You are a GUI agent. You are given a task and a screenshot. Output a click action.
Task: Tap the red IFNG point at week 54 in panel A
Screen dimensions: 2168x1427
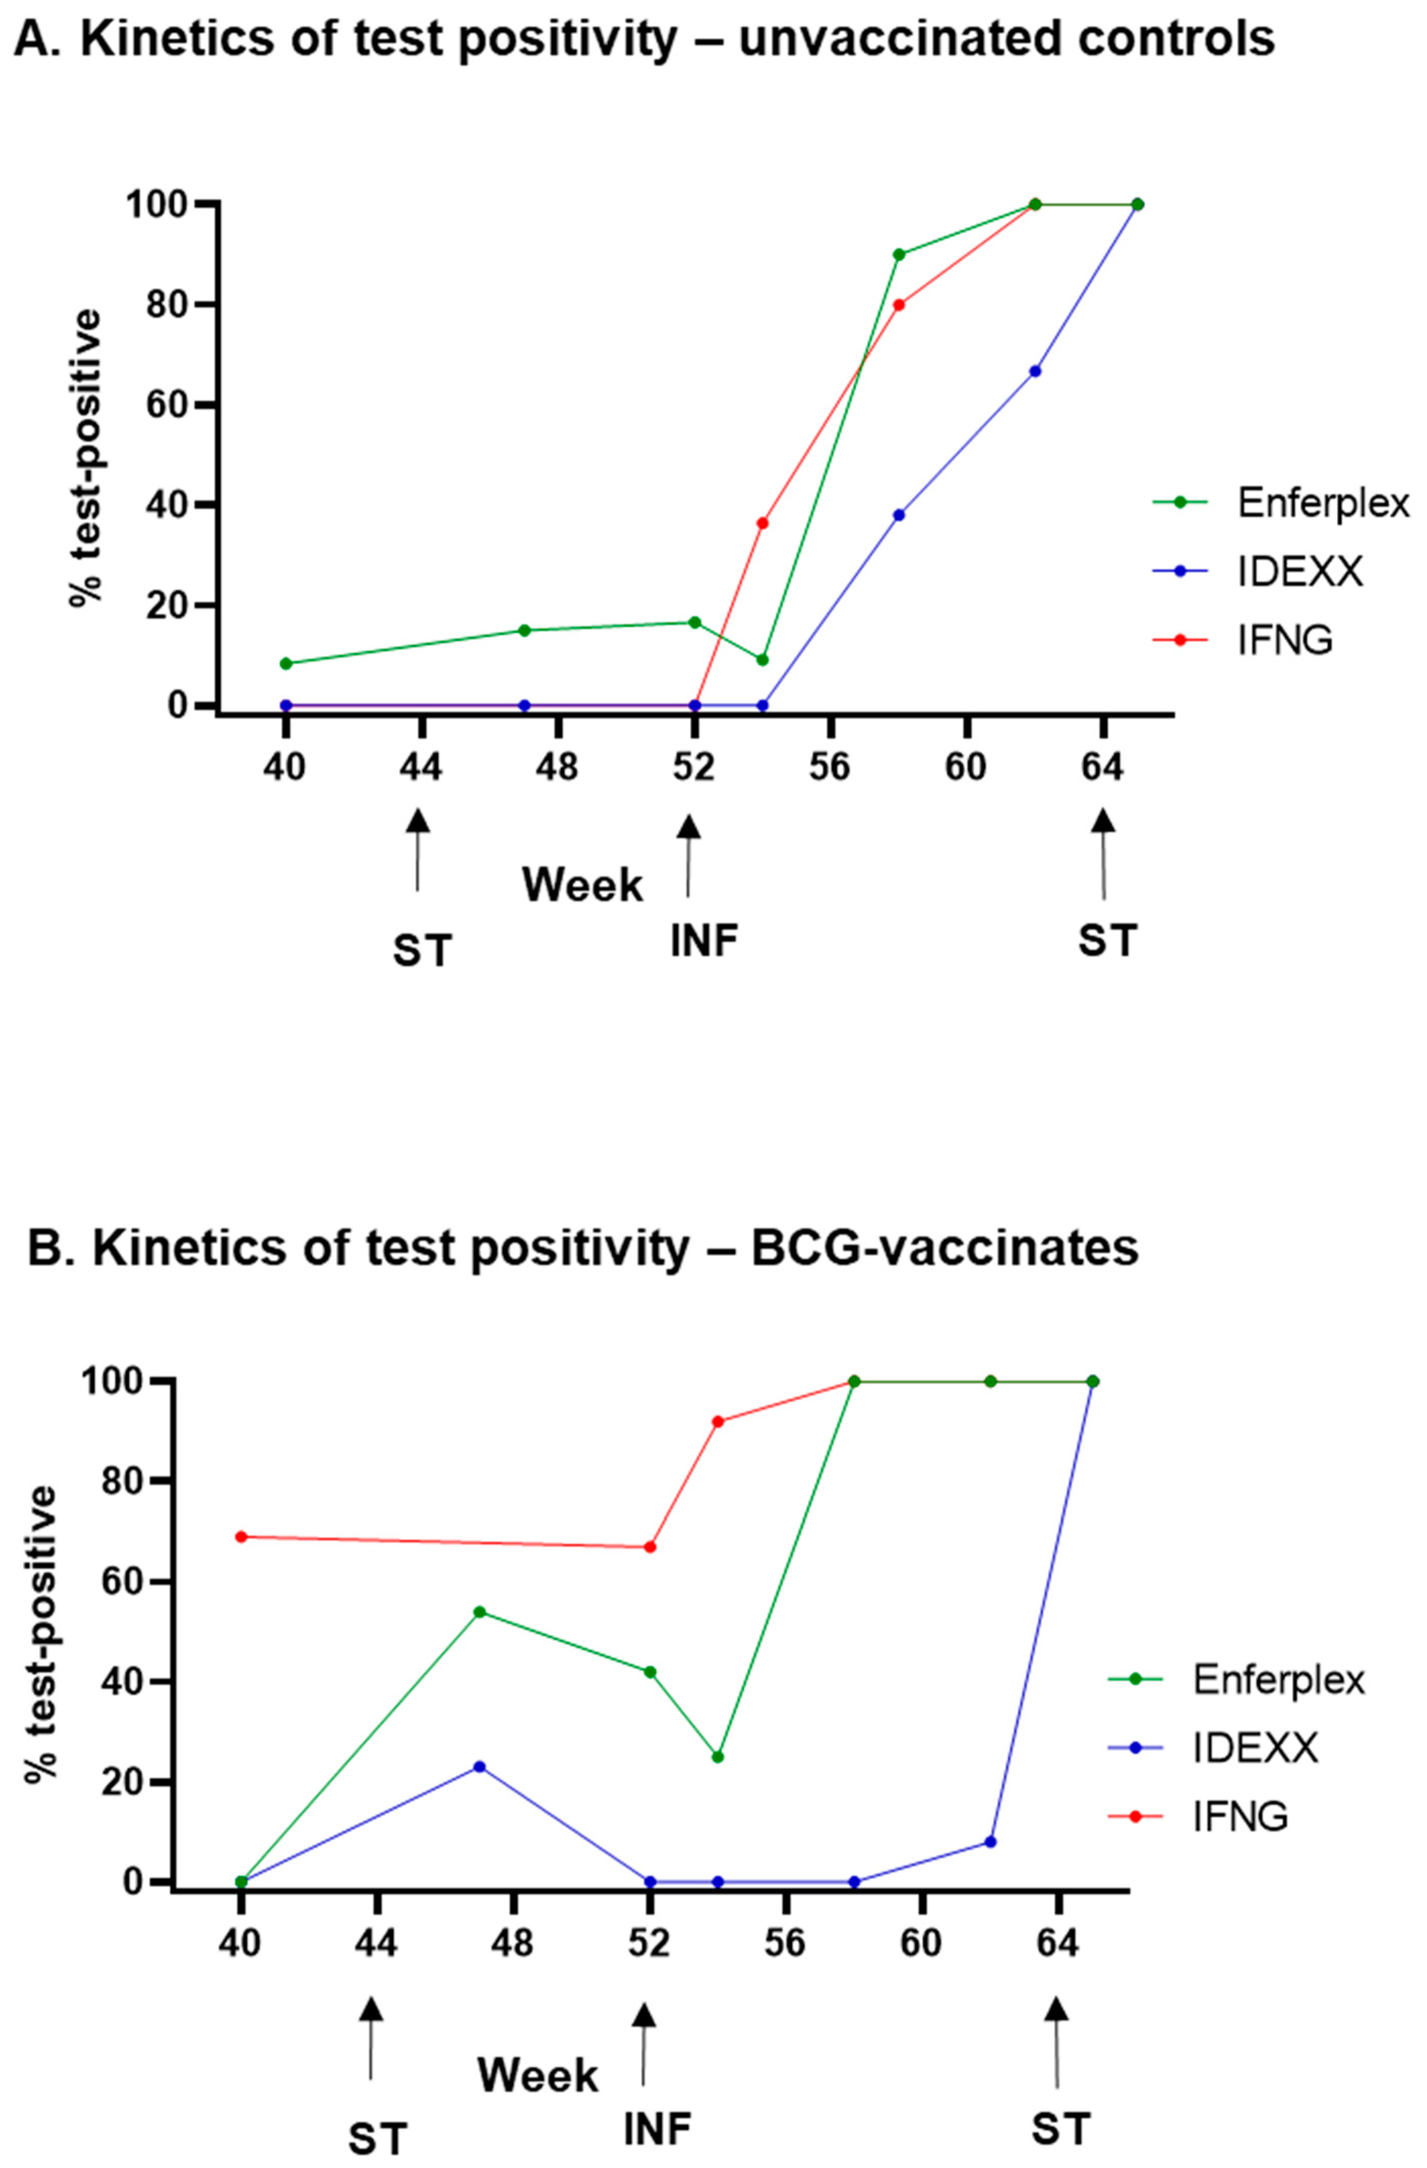pos(763,523)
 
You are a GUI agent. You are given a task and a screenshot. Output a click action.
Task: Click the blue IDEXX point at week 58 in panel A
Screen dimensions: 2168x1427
pos(898,514)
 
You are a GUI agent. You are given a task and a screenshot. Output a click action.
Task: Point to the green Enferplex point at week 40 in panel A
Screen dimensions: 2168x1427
pos(285,663)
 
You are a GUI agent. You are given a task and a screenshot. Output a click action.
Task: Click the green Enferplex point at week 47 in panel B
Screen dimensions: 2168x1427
pos(479,1611)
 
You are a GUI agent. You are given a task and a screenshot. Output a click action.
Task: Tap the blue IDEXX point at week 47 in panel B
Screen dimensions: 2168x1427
pos(479,1766)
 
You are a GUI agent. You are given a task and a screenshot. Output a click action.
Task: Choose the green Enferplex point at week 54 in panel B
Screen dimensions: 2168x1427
pos(718,1756)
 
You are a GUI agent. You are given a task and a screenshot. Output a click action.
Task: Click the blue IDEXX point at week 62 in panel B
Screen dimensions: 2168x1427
pos(990,1842)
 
